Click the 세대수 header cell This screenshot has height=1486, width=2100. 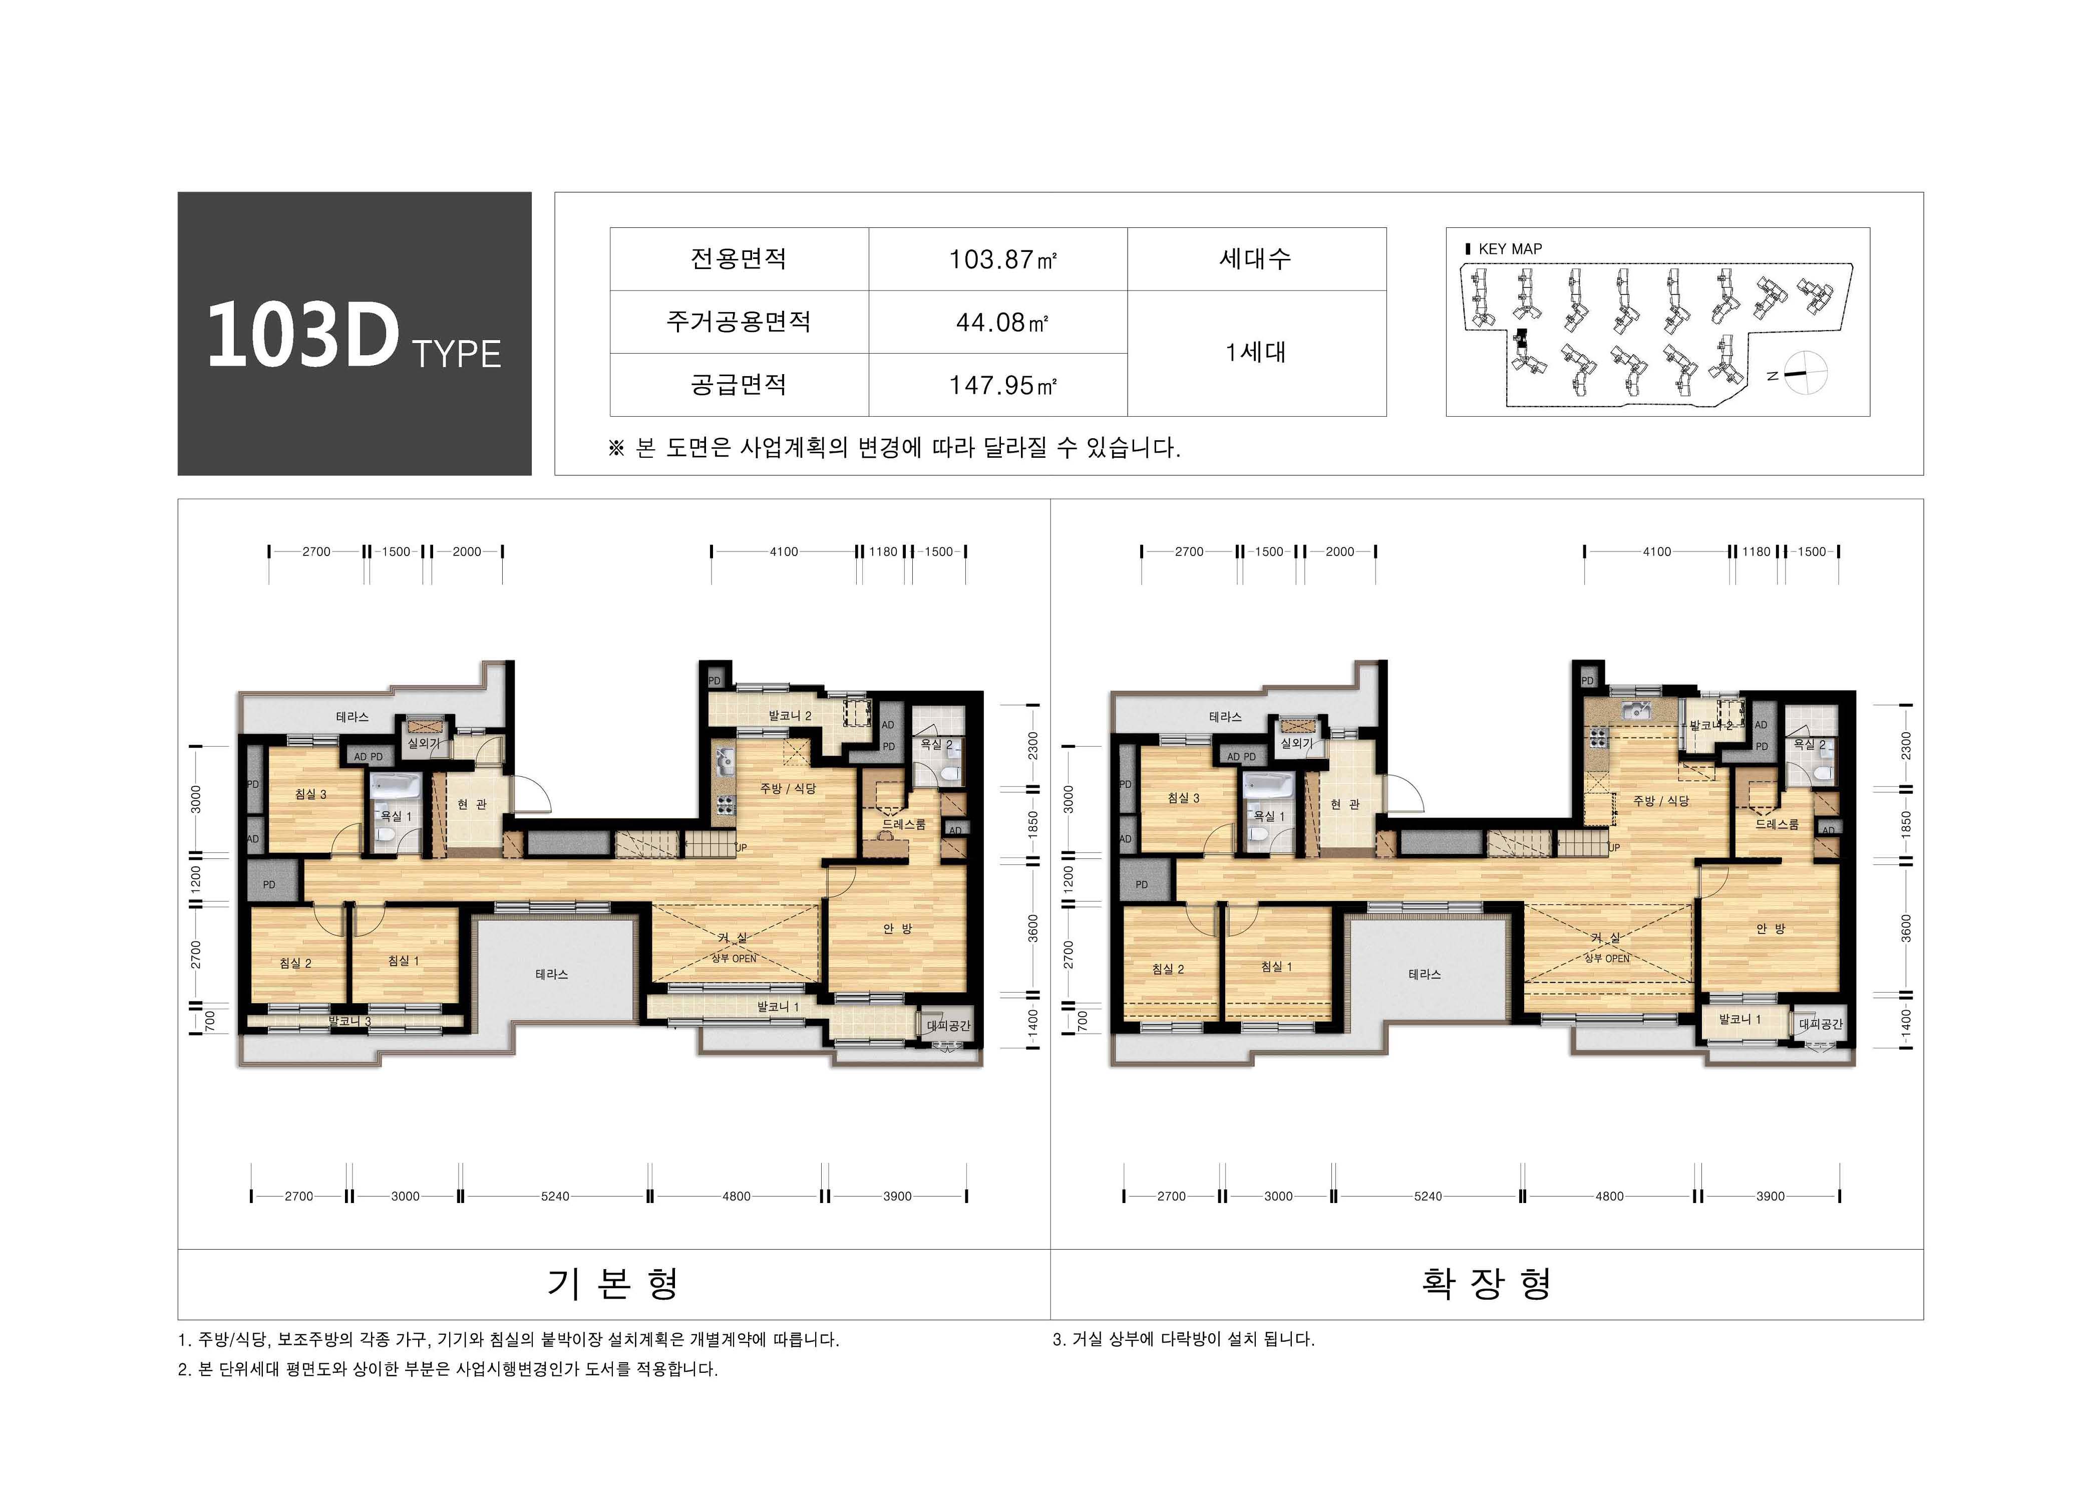point(1256,259)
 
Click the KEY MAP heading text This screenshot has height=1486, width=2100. point(1509,249)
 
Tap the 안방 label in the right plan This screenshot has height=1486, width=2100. point(1770,929)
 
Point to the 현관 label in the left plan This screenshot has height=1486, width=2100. point(472,804)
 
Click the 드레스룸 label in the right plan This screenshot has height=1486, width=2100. point(1776,824)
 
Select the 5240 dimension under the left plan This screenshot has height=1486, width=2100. point(555,1196)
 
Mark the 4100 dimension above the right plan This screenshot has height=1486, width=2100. point(1656,552)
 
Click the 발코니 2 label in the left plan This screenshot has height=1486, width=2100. point(789,716)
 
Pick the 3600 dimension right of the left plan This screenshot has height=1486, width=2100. point(1032,928)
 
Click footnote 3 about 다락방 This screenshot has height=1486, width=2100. point(1184,1340)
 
